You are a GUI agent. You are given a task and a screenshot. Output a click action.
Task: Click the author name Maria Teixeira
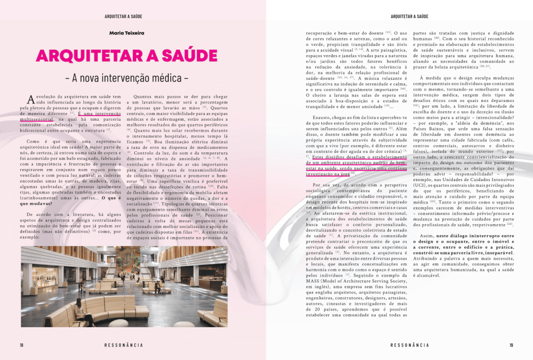[126, 33]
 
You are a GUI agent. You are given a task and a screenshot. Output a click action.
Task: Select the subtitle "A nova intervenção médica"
[126, 79]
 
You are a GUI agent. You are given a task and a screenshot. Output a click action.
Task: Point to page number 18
[22, 345]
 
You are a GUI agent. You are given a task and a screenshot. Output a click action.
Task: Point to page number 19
[511, 345]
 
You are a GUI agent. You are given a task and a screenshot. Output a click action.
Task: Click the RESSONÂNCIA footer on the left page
[124, 345]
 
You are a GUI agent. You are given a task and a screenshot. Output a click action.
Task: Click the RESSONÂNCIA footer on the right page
[409, 345]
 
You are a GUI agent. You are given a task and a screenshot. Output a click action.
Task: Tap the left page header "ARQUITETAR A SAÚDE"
[123, 16]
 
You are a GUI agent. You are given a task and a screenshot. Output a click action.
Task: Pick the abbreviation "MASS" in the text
[314, 280]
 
